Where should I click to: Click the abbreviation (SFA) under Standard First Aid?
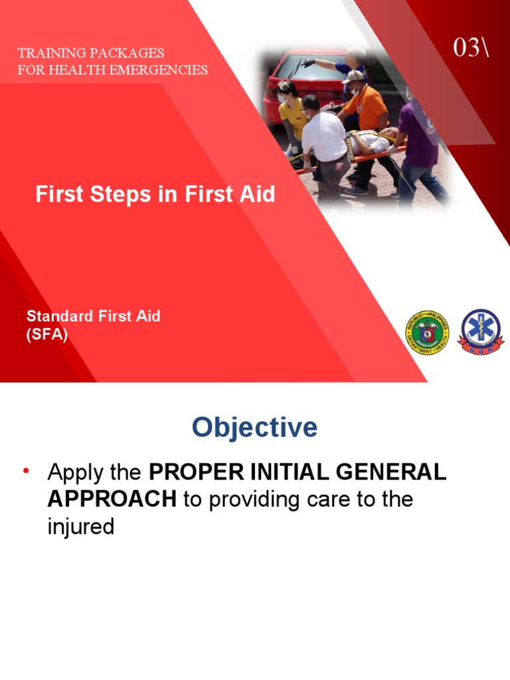(46, 335)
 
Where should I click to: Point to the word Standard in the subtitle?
(54, 316)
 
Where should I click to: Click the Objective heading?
(254, 427)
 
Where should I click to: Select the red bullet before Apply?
(27, 471)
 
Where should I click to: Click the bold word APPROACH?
(112, 499)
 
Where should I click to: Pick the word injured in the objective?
(81, 527)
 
